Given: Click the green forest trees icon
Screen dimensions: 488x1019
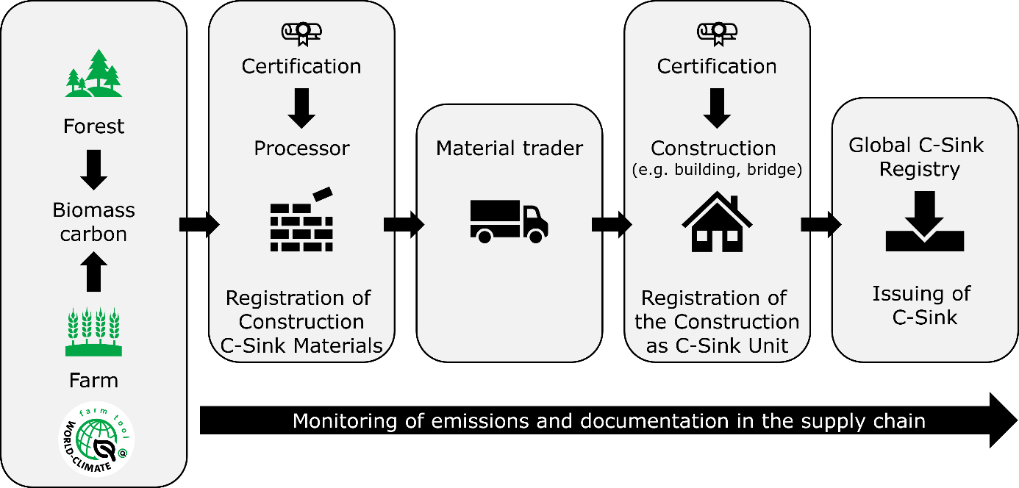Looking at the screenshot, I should click(93, 73).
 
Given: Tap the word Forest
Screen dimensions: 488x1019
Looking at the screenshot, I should click(94, 126).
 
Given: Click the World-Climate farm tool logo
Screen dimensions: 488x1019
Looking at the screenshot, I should click(96, 439).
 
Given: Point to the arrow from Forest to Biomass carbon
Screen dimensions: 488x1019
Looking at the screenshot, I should click(94, 169).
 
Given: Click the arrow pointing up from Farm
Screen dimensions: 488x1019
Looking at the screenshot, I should click(94, 271).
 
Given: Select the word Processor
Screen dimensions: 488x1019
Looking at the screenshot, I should click(301, 148).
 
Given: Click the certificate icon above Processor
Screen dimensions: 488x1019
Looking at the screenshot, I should click(301, 33).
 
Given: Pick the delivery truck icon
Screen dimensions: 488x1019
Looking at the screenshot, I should click(509, 220).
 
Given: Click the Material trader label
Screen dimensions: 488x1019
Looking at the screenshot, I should click(509, 148).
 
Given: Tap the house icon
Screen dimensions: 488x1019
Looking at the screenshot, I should click(717, 221).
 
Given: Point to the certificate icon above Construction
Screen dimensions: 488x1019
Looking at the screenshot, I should click(717, 33).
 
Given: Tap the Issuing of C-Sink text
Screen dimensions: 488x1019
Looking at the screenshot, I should click(920, 306).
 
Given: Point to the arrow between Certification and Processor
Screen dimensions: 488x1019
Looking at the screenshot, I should click(301, 107).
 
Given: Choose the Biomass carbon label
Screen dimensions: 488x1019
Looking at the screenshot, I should click(94, 222).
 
